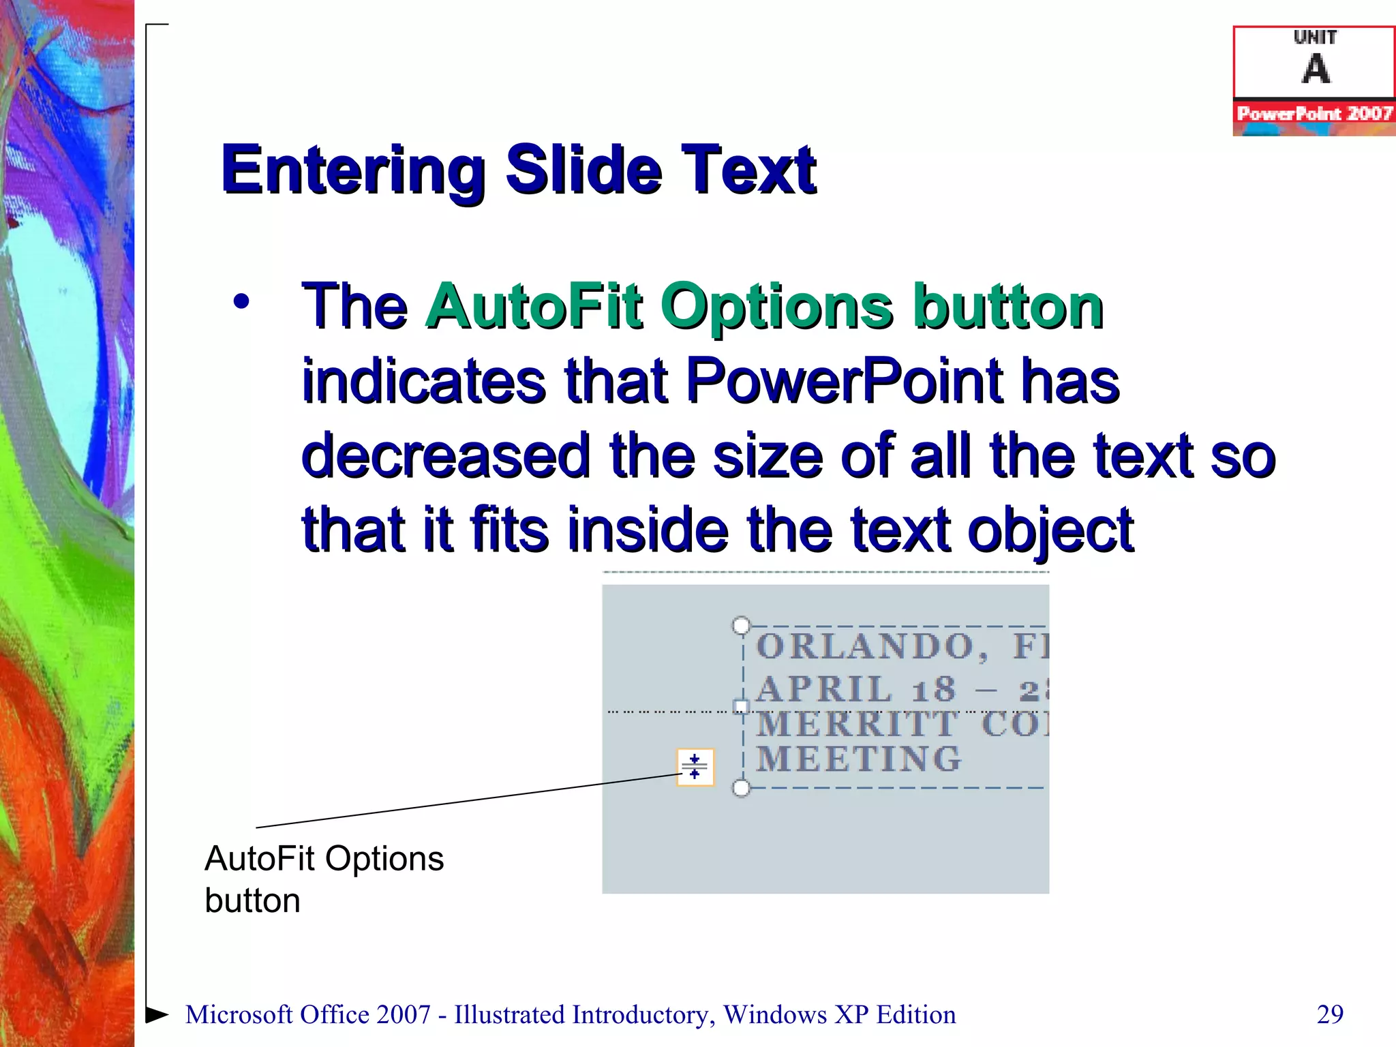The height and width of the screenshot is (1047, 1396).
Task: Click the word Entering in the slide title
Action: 352,170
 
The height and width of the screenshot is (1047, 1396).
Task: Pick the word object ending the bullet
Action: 1050,531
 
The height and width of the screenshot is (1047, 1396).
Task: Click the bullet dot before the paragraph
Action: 241,301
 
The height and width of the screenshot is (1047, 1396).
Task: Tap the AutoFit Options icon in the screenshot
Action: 695,767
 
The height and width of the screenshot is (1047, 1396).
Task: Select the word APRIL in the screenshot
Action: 823,689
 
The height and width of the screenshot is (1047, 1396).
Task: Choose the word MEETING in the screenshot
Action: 859,759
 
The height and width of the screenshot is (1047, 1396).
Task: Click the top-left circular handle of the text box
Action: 741,625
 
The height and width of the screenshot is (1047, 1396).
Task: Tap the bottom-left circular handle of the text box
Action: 741,789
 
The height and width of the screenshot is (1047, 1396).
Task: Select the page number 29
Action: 1330,1014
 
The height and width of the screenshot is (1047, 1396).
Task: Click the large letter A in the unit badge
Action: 1316,70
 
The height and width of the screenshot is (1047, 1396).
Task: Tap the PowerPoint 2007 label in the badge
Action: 1314,113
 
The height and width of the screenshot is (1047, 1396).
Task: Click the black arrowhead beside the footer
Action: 157,1014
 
